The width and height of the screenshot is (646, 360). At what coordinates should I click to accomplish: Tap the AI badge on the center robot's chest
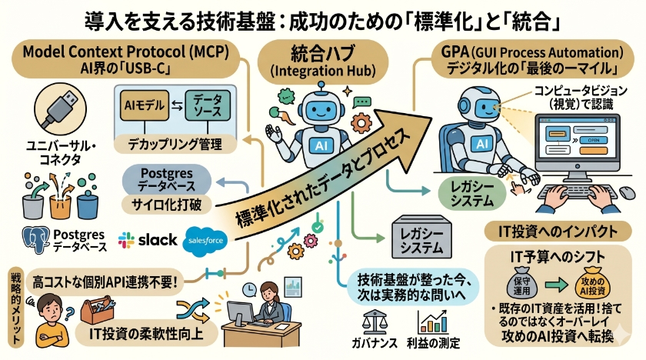317,146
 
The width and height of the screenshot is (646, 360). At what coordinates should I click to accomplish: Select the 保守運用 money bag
518,282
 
